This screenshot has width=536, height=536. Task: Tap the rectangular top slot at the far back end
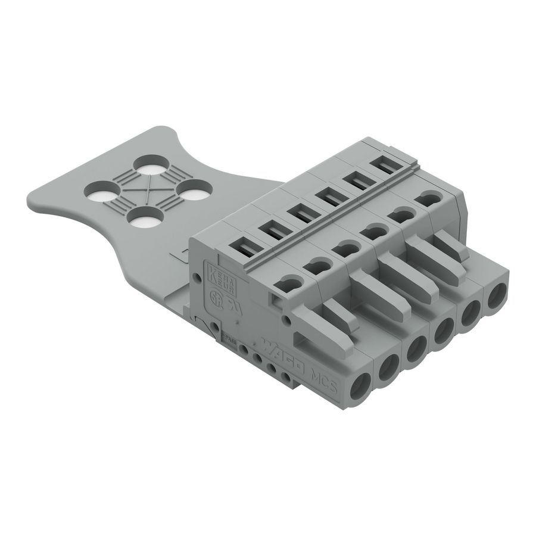tap(386, 165)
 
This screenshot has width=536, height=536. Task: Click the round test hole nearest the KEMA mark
tap(290, 285)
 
